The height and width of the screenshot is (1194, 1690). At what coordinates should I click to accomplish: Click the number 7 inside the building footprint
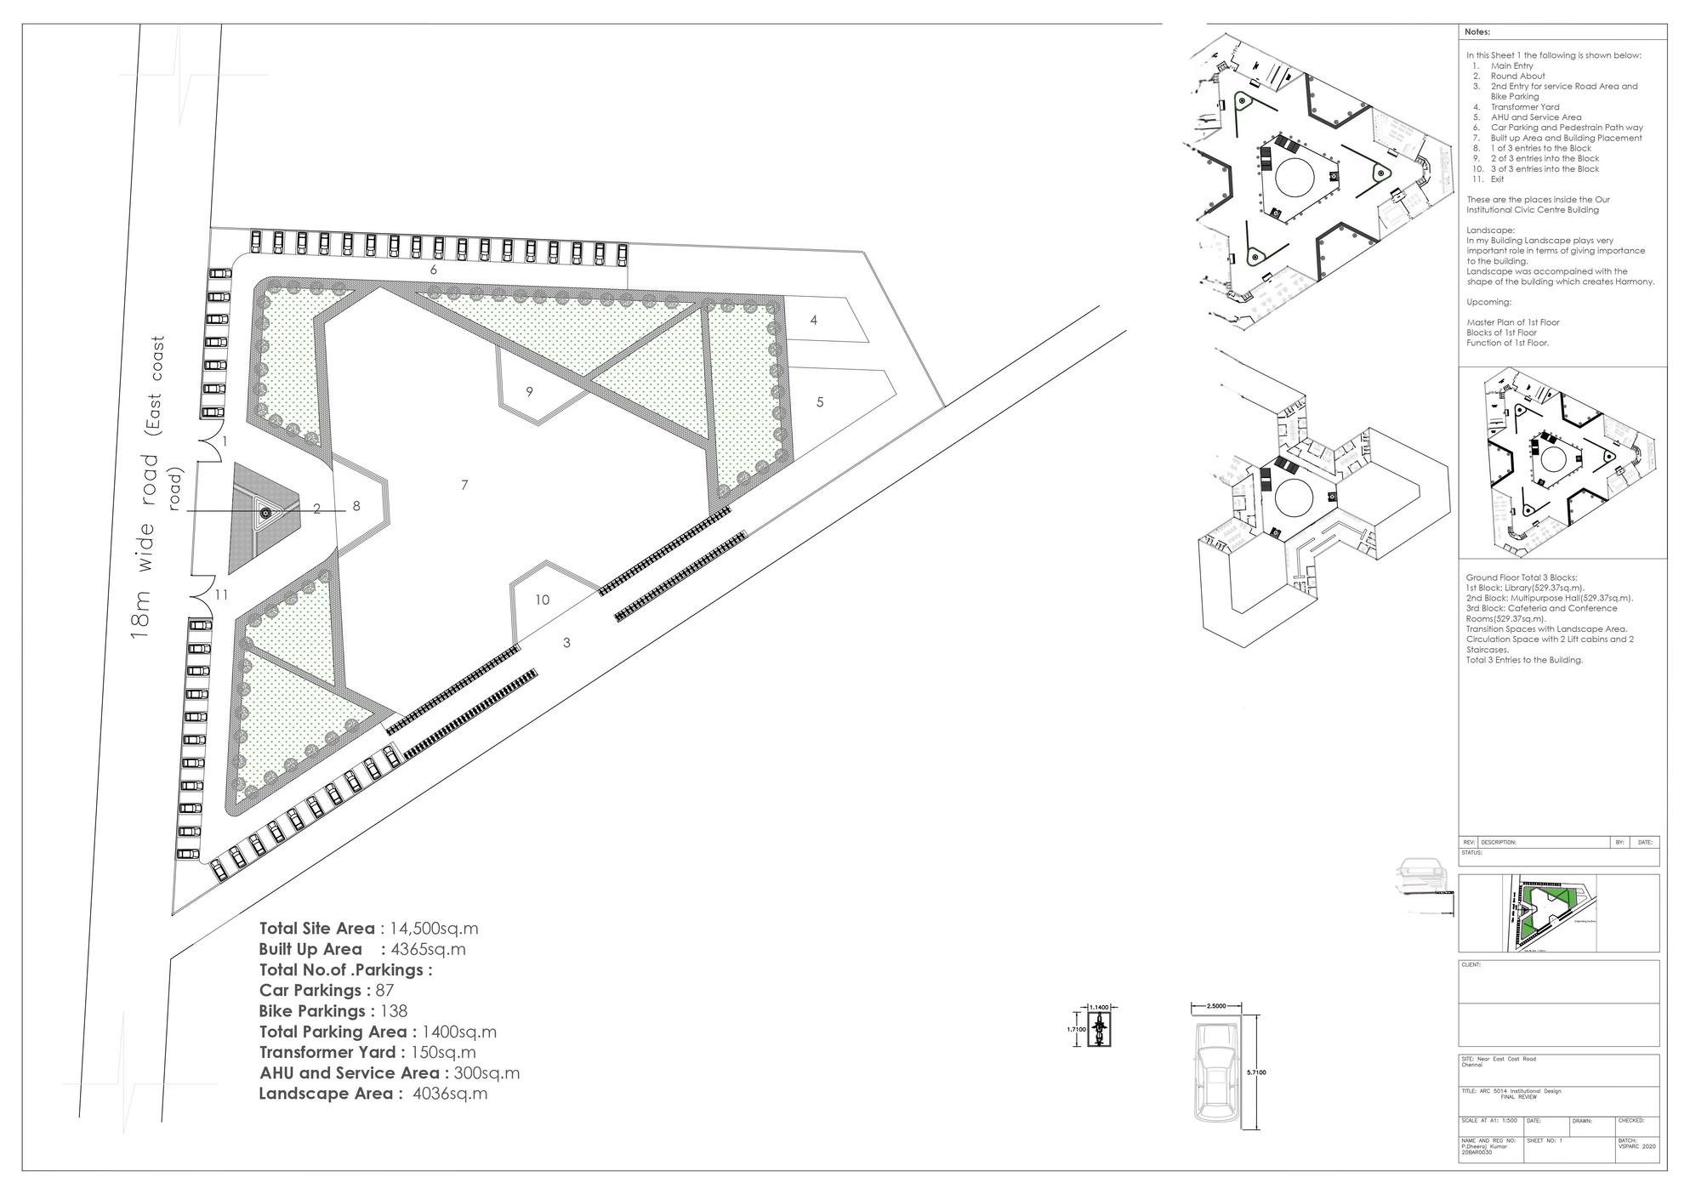[x=464, y=485]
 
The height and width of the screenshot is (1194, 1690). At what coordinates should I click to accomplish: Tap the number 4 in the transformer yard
[x=814, y=320]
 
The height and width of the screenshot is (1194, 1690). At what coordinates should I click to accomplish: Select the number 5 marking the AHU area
[x=820, y=402]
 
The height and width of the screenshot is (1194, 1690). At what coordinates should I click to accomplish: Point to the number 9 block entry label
[x=529, y=392]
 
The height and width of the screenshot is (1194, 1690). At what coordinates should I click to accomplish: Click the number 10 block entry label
[x=542, y=600]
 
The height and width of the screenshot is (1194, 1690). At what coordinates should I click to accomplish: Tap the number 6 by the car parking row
[x=434, y=270]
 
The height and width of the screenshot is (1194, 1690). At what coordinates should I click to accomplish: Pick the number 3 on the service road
[x=566, y=643]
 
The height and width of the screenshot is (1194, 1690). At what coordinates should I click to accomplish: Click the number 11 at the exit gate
[x=221, y=594]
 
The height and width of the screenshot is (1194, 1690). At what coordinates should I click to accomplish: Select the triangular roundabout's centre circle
[x=265, y=512]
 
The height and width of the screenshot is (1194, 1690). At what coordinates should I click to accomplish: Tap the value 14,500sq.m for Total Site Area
[x=434, y=929]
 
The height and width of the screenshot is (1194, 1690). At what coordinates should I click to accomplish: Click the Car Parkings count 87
[x=384, y=991]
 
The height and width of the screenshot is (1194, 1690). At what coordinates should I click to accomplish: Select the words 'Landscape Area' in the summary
[x=327, y=1094]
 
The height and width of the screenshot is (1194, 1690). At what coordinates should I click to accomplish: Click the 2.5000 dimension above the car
[x=1215, y=1006]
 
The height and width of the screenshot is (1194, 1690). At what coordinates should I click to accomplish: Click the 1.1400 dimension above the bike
[x=1099, y=1008]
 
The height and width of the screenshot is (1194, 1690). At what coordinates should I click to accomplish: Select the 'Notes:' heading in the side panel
[x=1477, y=32]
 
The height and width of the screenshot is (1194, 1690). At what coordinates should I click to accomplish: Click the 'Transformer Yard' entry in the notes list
[x=1525, y=107]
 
